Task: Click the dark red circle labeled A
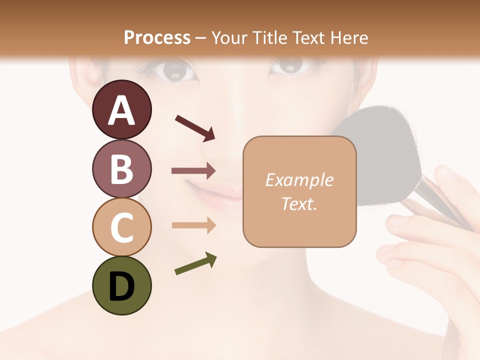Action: (121, 109)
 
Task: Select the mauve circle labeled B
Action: (121, 168)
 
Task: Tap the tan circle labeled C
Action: (121, 227)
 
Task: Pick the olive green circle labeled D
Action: (121, 285)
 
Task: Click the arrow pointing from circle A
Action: (195, 127)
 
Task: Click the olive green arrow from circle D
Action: (195, 264)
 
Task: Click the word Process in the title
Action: (157, 37)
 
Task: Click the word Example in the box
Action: (299, 180)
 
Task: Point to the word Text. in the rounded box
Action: (299, 203)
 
